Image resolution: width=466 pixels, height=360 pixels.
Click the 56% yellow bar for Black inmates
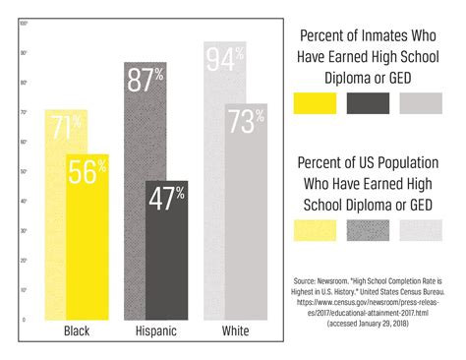pos(87,236)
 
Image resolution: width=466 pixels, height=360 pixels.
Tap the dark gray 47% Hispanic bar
pos(166,251)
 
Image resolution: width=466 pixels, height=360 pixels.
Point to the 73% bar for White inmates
pos(246,211)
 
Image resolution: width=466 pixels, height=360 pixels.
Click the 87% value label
pos(145,80)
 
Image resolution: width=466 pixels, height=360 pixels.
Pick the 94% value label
pos(224,62)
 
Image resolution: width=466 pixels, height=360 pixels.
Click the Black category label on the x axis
pos(77,332)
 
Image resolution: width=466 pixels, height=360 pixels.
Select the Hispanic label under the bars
pos(156,332)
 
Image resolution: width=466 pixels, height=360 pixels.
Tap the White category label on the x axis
pos(236,332)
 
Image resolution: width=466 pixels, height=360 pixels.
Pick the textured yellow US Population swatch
pos(317,229)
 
